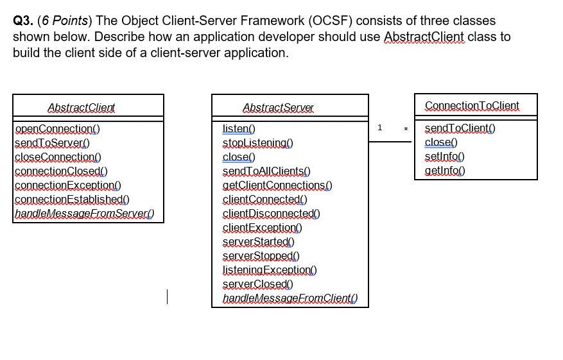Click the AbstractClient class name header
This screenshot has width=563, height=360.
point(82,108)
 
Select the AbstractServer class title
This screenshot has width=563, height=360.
point(279,108)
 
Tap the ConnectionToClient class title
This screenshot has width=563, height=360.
point(472,105)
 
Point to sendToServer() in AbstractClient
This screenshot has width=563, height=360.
point(52,142)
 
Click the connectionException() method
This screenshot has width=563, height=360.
point(68,185)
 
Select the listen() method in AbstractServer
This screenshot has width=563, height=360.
point(239,128)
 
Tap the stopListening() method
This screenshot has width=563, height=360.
point(257,142)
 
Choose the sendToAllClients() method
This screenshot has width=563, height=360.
point(266,171)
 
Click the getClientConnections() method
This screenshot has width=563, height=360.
point(277,185)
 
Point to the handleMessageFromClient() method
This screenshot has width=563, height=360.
point(290,298)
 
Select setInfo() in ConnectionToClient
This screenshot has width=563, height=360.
point(444,156)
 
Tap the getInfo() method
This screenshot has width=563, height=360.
point(444,170)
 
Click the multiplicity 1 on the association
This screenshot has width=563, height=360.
point(379,128)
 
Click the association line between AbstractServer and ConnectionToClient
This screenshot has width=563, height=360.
point(392,142)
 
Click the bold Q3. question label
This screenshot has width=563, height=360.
point(24,22)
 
